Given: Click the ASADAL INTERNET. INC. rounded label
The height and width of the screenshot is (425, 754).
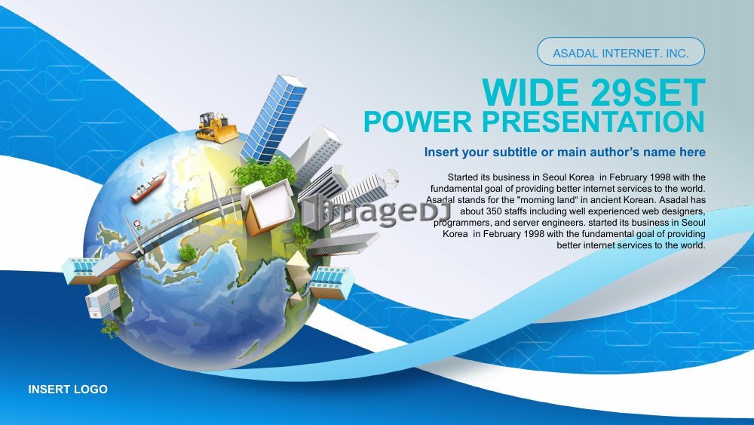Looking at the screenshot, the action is click(x=621, y=51).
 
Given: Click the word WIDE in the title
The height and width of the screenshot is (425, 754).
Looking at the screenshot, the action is click(x=530, y=92).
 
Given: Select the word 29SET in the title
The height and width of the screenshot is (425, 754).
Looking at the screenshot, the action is click(x=648, y=92).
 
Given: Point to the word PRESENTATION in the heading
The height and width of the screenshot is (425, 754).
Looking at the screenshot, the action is click(x=593, y=122).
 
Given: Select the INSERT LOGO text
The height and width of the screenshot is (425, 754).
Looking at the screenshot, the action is click(x=68, y=390).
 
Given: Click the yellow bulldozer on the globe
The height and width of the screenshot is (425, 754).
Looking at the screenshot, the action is click(x=216, y=128).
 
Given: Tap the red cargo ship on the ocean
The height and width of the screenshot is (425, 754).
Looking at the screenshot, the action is click(x=148, y=186).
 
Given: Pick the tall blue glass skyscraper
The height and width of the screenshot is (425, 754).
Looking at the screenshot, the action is click(x=273, y=119).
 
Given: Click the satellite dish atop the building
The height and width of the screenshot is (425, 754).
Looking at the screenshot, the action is click(x=391, y=179).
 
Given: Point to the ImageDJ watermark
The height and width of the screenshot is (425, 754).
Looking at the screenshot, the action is click(x=375, y=211).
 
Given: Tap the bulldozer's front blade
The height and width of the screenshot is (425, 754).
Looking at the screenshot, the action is click(x=226, y=134).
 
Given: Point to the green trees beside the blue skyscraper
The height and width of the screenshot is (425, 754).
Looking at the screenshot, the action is click(x=265, y=170).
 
